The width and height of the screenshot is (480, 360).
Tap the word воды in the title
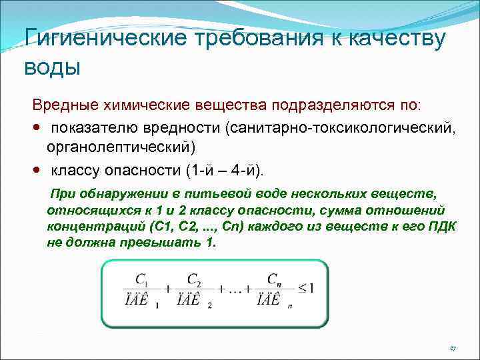click(51, 67)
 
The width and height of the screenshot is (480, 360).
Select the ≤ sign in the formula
click(301, 287)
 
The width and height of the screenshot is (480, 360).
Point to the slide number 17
click(452, 349)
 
